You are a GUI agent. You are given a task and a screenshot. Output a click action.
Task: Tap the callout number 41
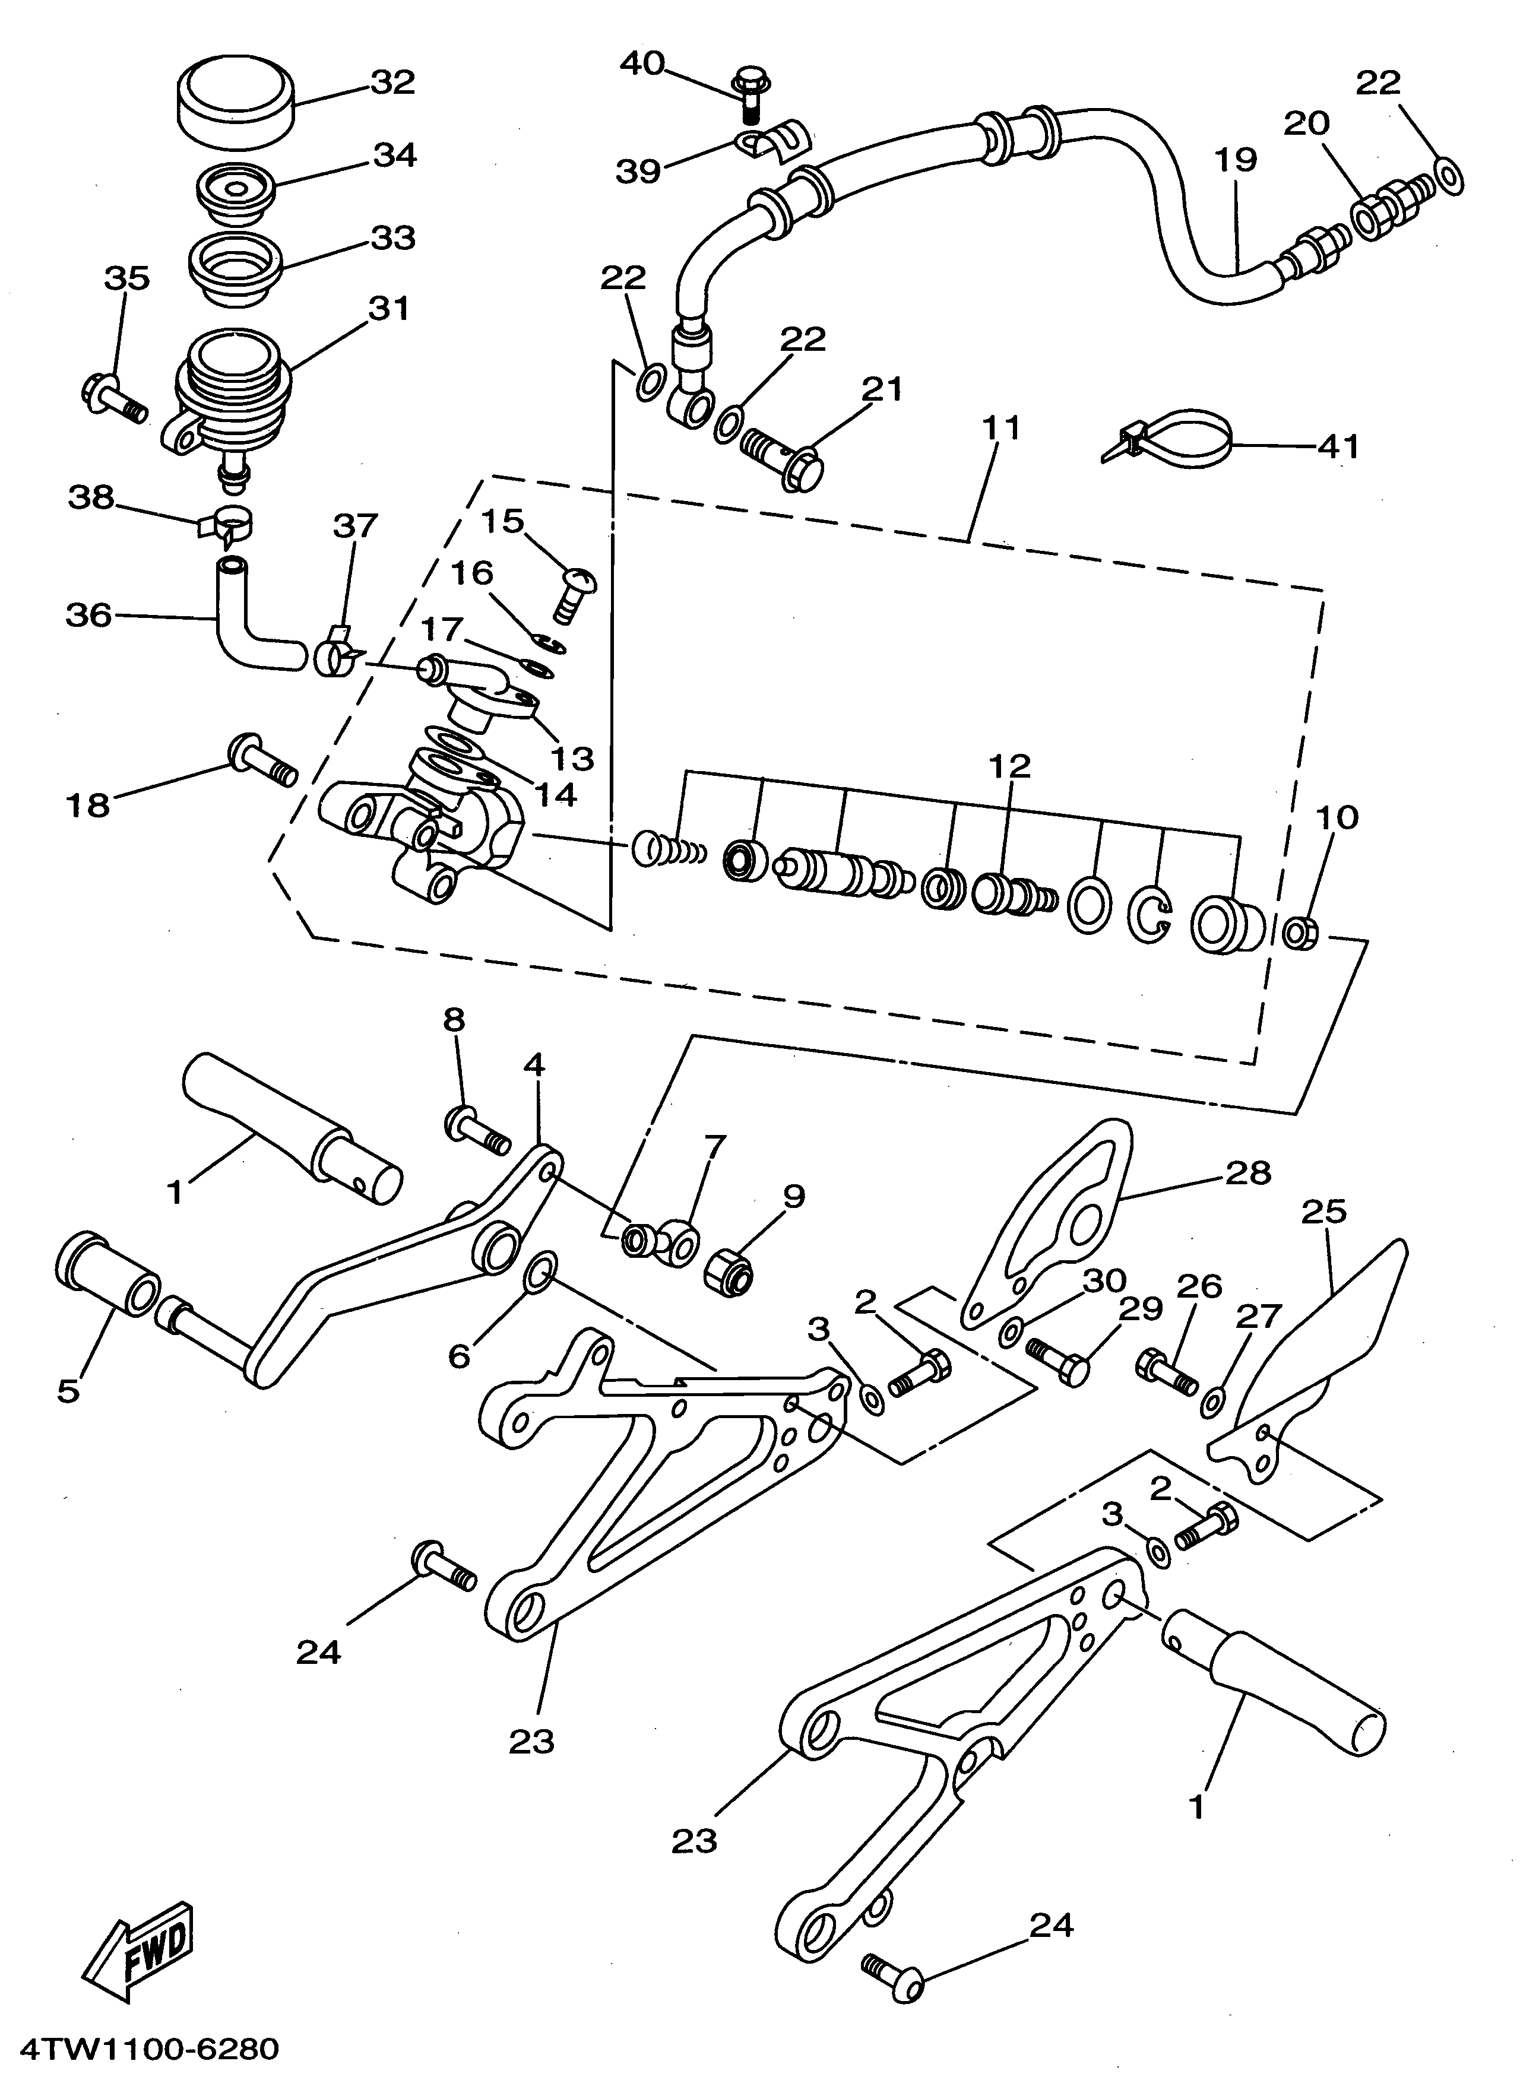[x=1338, y=446]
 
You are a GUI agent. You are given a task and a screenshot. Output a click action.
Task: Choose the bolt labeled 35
[x=112, y=398]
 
